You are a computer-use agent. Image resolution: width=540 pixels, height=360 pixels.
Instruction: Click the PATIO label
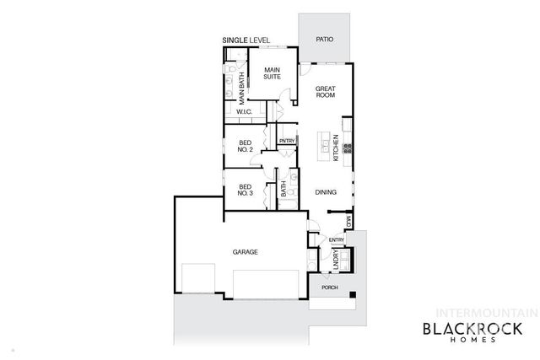pyautogui.click(x=324, y=40)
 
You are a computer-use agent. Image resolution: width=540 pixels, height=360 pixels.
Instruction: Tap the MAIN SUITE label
pyautogui.click(x=272, y=73)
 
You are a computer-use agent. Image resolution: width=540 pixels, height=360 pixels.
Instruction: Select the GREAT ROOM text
pyautogui.click(x=327, y=91)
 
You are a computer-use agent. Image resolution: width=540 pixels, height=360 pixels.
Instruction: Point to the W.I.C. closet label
pyautogui.click(x=244, y=111)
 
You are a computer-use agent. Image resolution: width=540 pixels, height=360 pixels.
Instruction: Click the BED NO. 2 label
pyautogui.click(x=246, y=146)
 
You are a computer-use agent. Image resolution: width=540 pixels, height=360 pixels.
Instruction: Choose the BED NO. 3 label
pyautogui.click(x=246, y=190)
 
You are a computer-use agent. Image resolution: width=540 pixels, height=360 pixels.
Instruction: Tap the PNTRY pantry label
pyautogui.click(x=287, y=141)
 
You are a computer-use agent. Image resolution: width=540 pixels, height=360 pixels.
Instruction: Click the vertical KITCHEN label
pyautogui.click(x=336, y=148)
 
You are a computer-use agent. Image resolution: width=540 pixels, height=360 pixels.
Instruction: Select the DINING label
pyautogui.click(x=327, y=192)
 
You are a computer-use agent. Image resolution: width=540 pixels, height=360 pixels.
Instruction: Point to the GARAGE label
pyautogui.click(x=246, y=252)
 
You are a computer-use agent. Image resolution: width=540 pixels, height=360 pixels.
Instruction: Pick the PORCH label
pyautogui.click(x=330, y=287)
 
